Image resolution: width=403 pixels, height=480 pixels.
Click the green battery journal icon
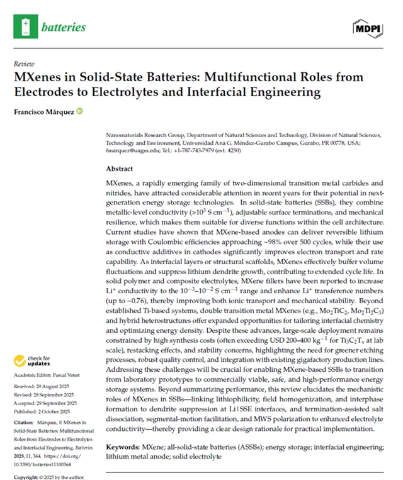(x=25, y=27)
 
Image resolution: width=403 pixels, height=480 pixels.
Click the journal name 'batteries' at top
(x=64, y=28)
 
